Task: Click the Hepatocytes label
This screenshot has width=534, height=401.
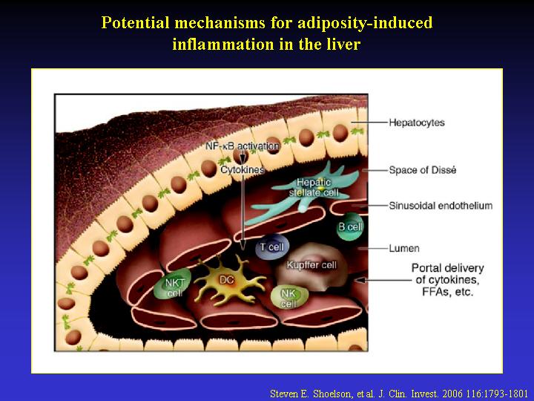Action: click(x=417, y=123)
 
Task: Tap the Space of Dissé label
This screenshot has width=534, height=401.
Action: click(x=422, y=170)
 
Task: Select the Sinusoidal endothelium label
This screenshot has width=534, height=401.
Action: click(x=441, y=206)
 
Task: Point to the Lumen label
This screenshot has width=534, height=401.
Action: click(x=404, y=248)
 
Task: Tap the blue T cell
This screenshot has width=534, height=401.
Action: click(x=270, y=247)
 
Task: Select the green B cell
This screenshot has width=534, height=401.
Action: click(x=350, y=226)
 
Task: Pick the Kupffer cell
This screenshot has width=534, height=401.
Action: click(x=311, y=267)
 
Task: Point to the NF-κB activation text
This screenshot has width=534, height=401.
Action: click(x=242, y=146)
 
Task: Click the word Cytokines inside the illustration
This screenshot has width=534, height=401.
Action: click(x=243, y=169)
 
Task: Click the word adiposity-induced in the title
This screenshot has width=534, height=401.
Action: click(x=365, y=22)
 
